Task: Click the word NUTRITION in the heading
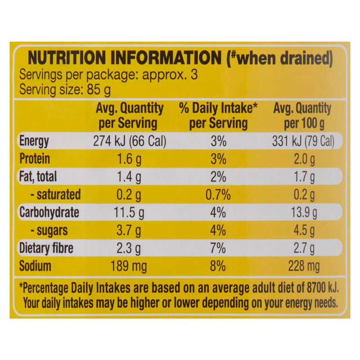67,58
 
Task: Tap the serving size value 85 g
99,90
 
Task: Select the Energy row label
34,141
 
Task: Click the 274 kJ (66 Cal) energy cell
130,141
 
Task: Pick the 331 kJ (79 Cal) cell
303,141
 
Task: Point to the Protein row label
35,159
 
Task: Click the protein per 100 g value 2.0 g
304,159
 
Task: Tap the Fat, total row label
38,177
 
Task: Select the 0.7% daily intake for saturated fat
218,195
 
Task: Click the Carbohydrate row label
49,212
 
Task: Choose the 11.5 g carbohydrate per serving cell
129,212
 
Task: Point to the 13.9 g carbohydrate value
304,212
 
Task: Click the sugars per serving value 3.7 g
129,231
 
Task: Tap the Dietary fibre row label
46,248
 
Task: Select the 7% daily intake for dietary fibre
218,248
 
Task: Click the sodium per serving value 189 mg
129,266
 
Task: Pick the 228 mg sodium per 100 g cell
304,266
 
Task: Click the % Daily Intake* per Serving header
218,116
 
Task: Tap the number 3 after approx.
194,75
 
